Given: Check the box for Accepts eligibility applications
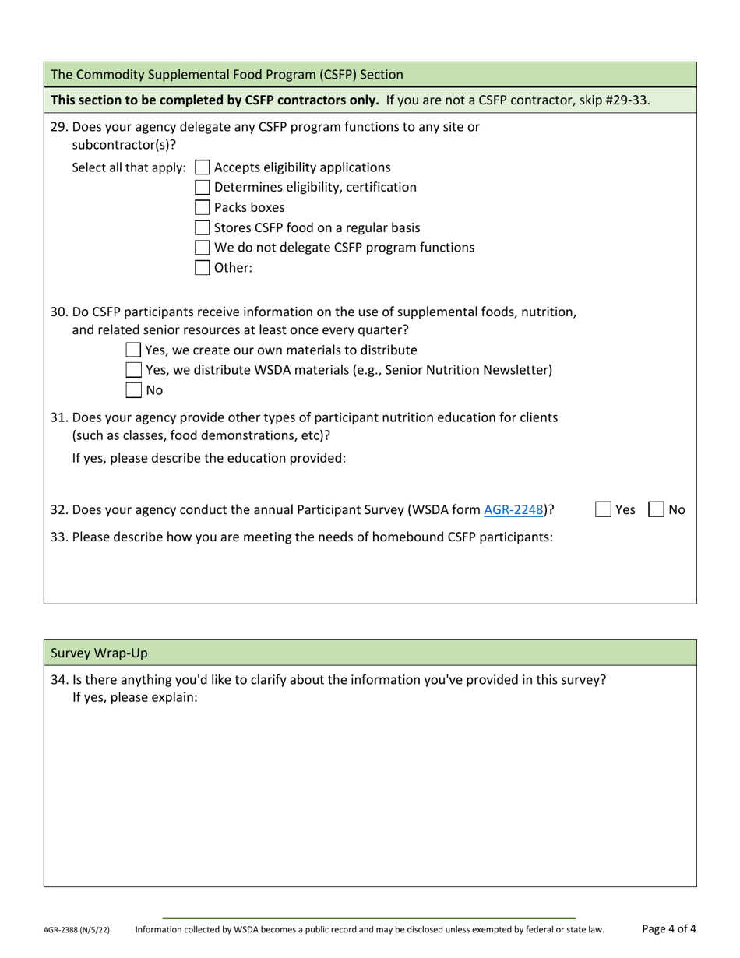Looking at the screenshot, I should click(x=202, y=167).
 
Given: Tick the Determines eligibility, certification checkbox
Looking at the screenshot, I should click(x=202, y=188).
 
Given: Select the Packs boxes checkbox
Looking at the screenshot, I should click(x=202, y=208).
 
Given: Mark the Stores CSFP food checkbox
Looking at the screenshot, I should click(x=202, y=227).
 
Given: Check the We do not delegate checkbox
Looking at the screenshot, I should click(x=202, y=248).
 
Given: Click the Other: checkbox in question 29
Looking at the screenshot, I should click(x=202, y=268).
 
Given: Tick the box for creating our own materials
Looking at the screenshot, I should click(x=134, y=350).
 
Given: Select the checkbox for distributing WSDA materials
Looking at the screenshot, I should click(x=134, y=370).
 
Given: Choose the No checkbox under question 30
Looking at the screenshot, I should click(x=134, y=390).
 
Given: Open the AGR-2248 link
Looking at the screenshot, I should click(x=513, y=510).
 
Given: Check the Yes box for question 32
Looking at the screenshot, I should click(x=603, y=510).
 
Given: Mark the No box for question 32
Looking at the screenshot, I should click(x=657, y=510).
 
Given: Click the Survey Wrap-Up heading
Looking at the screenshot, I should click(x=99, y=653).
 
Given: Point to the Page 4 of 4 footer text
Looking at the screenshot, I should click(x=668, y=928).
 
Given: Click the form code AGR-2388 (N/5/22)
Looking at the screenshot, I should click(x=76, y=930).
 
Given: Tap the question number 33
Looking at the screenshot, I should click(x=58, y=537).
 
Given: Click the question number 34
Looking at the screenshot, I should click(x=58, y=680).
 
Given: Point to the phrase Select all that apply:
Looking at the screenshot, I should click(x=129, y=168).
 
